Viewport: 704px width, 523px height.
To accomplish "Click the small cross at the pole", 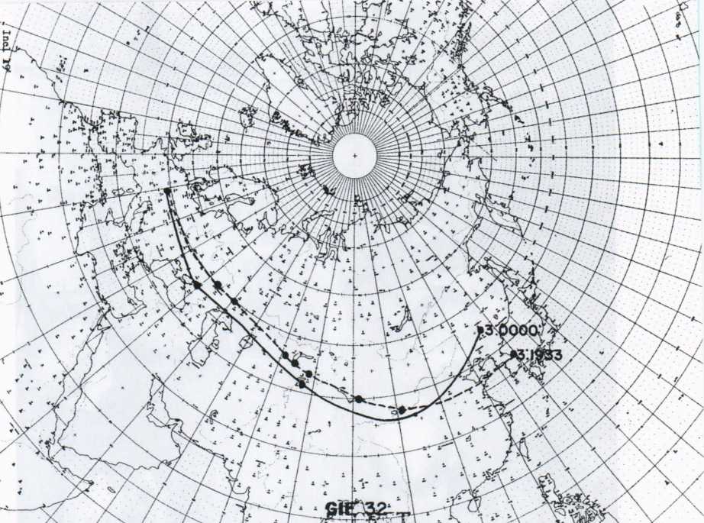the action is [355, 156].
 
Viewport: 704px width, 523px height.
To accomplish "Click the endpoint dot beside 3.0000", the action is [479, 331].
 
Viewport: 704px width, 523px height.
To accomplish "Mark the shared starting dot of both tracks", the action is [166, 189].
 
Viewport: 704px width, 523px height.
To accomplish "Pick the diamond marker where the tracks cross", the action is [402, 410].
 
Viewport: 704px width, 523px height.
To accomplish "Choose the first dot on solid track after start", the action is [197, 285].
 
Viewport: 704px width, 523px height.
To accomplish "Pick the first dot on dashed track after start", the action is [218, 285].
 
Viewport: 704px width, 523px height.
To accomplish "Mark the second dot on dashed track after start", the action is [234, 300].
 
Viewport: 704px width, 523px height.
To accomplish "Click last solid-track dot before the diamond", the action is [359, 399].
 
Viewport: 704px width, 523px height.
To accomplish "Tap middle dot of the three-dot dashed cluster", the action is [295, 363].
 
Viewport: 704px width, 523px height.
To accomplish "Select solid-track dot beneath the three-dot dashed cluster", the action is [302, 384].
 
